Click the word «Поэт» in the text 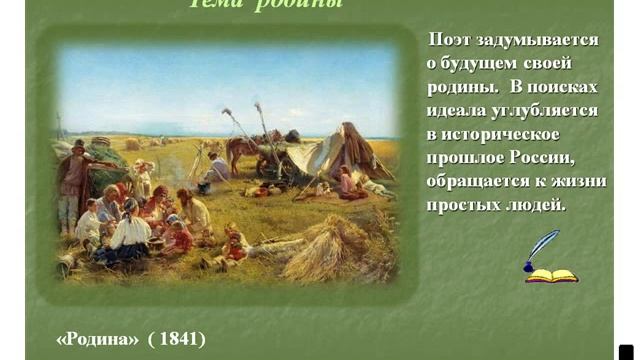[x=449, y=40]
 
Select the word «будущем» [x=479, y=63]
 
